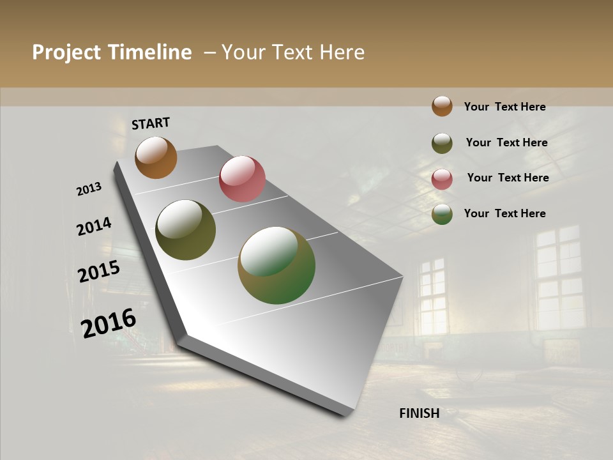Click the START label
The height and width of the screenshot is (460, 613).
(x=151, y=123)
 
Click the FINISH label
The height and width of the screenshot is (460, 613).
(x=420, y=413)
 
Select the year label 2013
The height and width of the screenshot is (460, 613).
(x=89, y=189)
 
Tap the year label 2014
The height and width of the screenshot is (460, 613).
(x=94, y=226)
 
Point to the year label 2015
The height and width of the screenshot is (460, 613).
(x=99, y=272)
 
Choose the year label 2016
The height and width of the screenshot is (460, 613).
(x=109, y=323)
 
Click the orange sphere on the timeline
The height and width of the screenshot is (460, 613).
(x=156, y=157)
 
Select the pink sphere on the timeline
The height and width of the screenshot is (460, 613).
(x=242, y=179)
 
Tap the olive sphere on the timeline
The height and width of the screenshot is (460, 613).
(x=185, y=230)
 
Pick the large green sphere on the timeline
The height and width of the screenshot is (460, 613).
(x=276, y=265)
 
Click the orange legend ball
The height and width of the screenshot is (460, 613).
(x=442, y=106)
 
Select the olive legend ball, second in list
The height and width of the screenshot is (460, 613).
(x=442, y=143)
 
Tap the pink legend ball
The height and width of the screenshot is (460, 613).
(x=442, y=179)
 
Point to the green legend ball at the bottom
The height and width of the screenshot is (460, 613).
(x=442, y=215)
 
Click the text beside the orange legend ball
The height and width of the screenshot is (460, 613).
(x=504, y=107)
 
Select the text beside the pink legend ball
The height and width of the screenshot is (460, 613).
(x=508, y=178)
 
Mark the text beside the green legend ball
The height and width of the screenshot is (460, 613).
(x=504, y=213)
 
